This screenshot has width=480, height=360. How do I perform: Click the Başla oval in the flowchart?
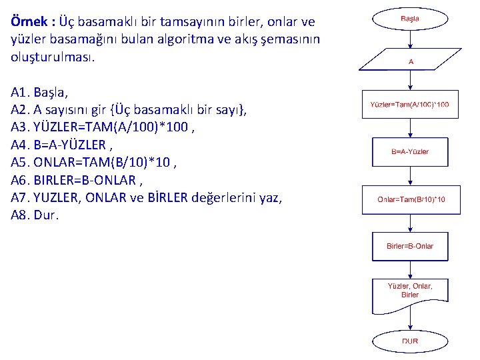pyautogui.click(x=410, y=19)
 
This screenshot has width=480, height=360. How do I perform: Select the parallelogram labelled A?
pyautogui.click(x=410, y=61)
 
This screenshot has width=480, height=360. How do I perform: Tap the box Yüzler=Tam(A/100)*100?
pyautogui.click(x=410, y=104)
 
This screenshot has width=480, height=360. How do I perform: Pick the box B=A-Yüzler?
pyautogui.click(x=410, y=152)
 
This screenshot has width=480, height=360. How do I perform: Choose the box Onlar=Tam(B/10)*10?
pyautogui.click(x=411, y=199)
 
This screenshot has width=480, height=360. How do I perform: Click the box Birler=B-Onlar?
pyautogui.click(x=410, y=246)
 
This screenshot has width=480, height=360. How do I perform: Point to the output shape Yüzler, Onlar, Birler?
pyautogui.click(x=410, y=293)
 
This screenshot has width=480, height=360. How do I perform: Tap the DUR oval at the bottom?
pyautogui.click(x=410, y=341)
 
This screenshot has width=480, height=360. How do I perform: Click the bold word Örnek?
pyautogui.click(x=31, y=22)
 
